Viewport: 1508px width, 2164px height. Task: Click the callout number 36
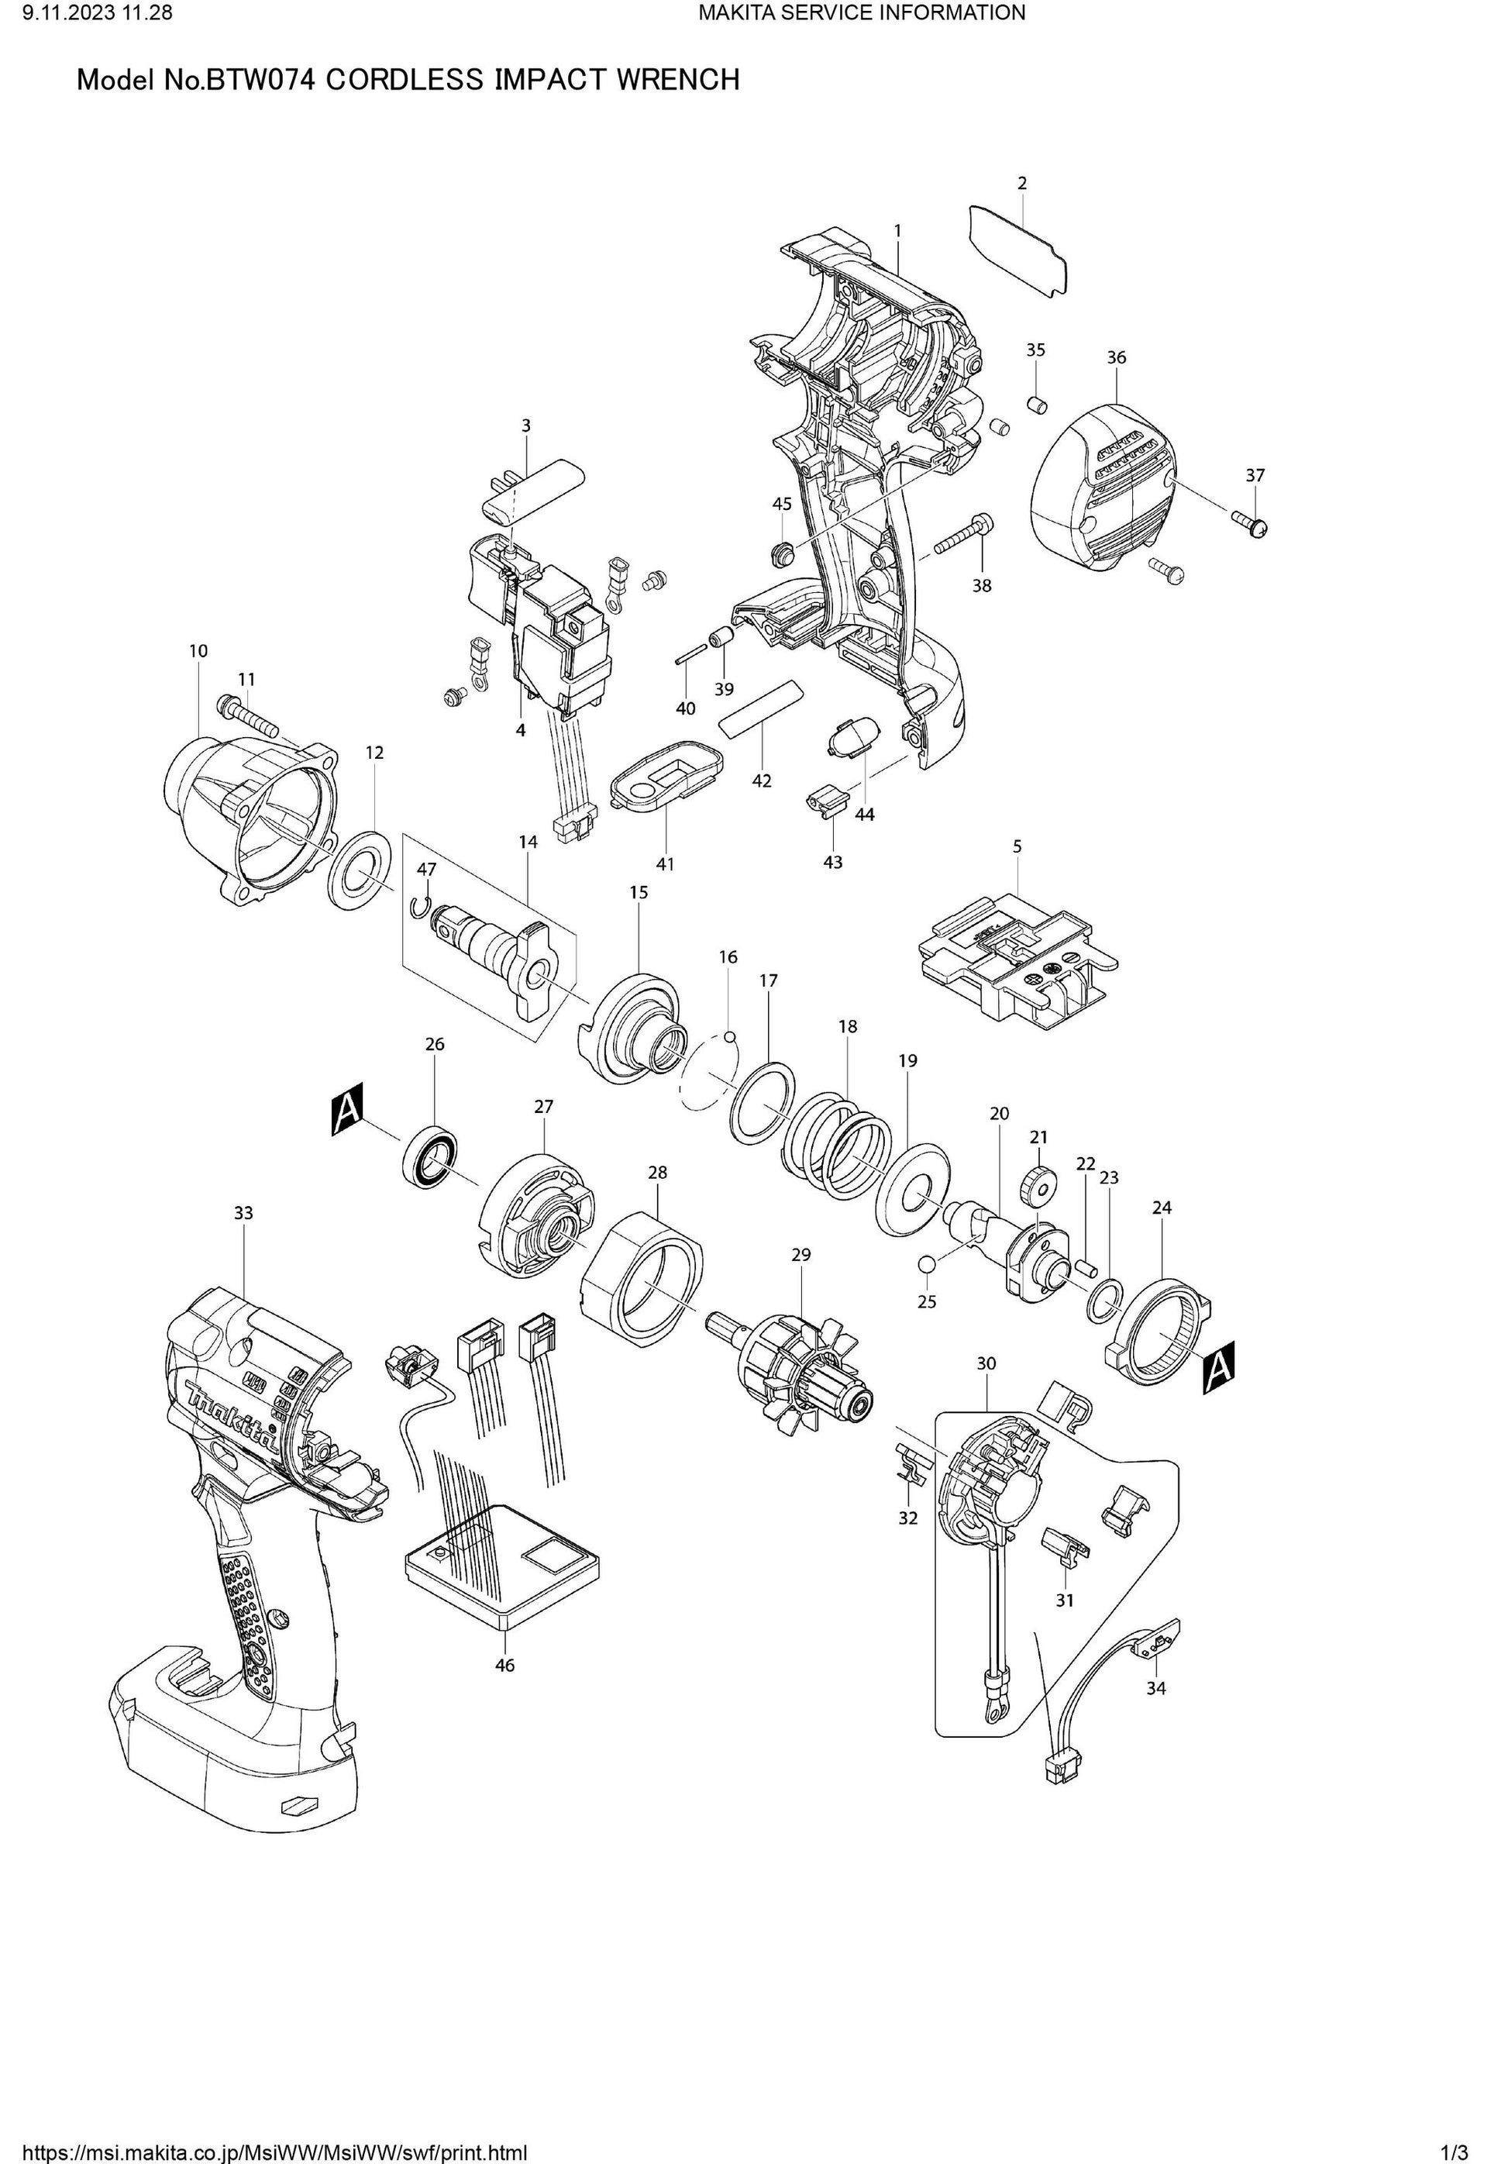pyautogui.click(x=1116, y=357)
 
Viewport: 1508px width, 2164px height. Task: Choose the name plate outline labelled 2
pyautogui.click(x=1020, y=250)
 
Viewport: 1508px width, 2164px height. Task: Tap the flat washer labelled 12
pyautogui.click(x=361, y=872)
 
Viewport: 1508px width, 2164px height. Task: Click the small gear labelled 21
pyautogui.click(x=1037, y=1187)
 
